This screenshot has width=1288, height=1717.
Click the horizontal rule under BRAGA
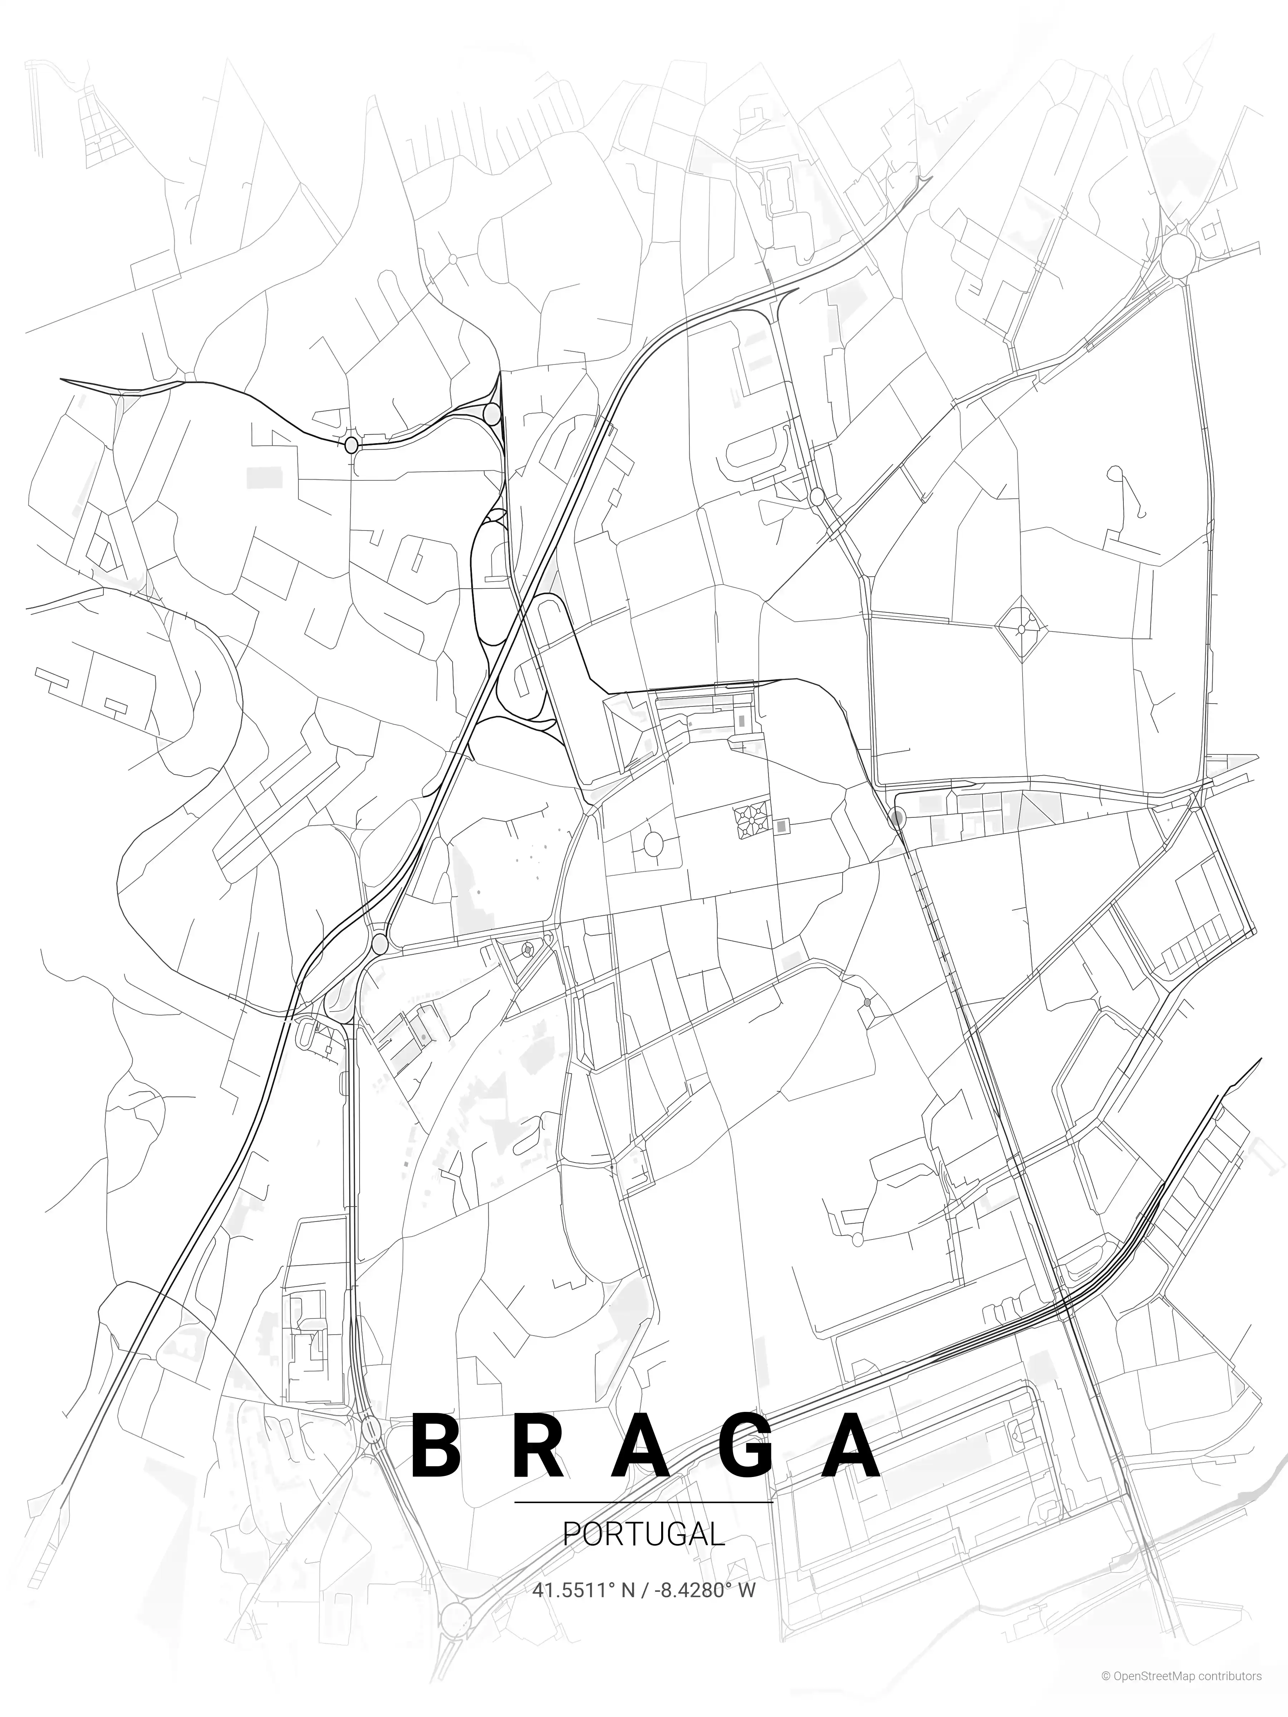tap(644, 1503)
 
